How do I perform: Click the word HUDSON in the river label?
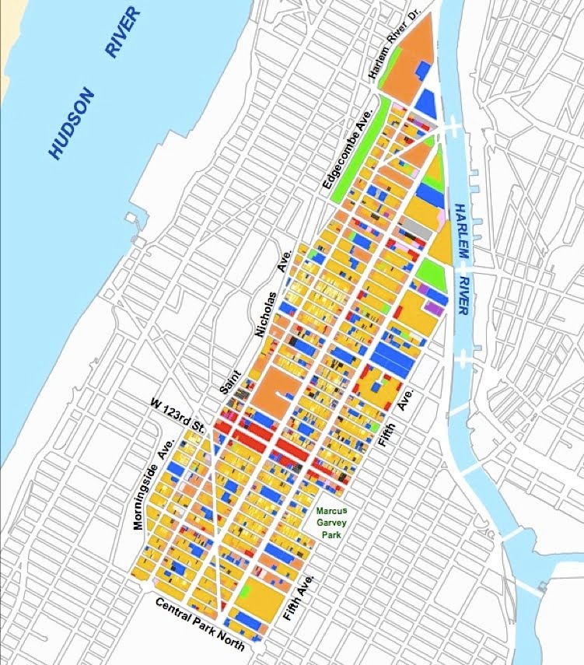tap(73, 124)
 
